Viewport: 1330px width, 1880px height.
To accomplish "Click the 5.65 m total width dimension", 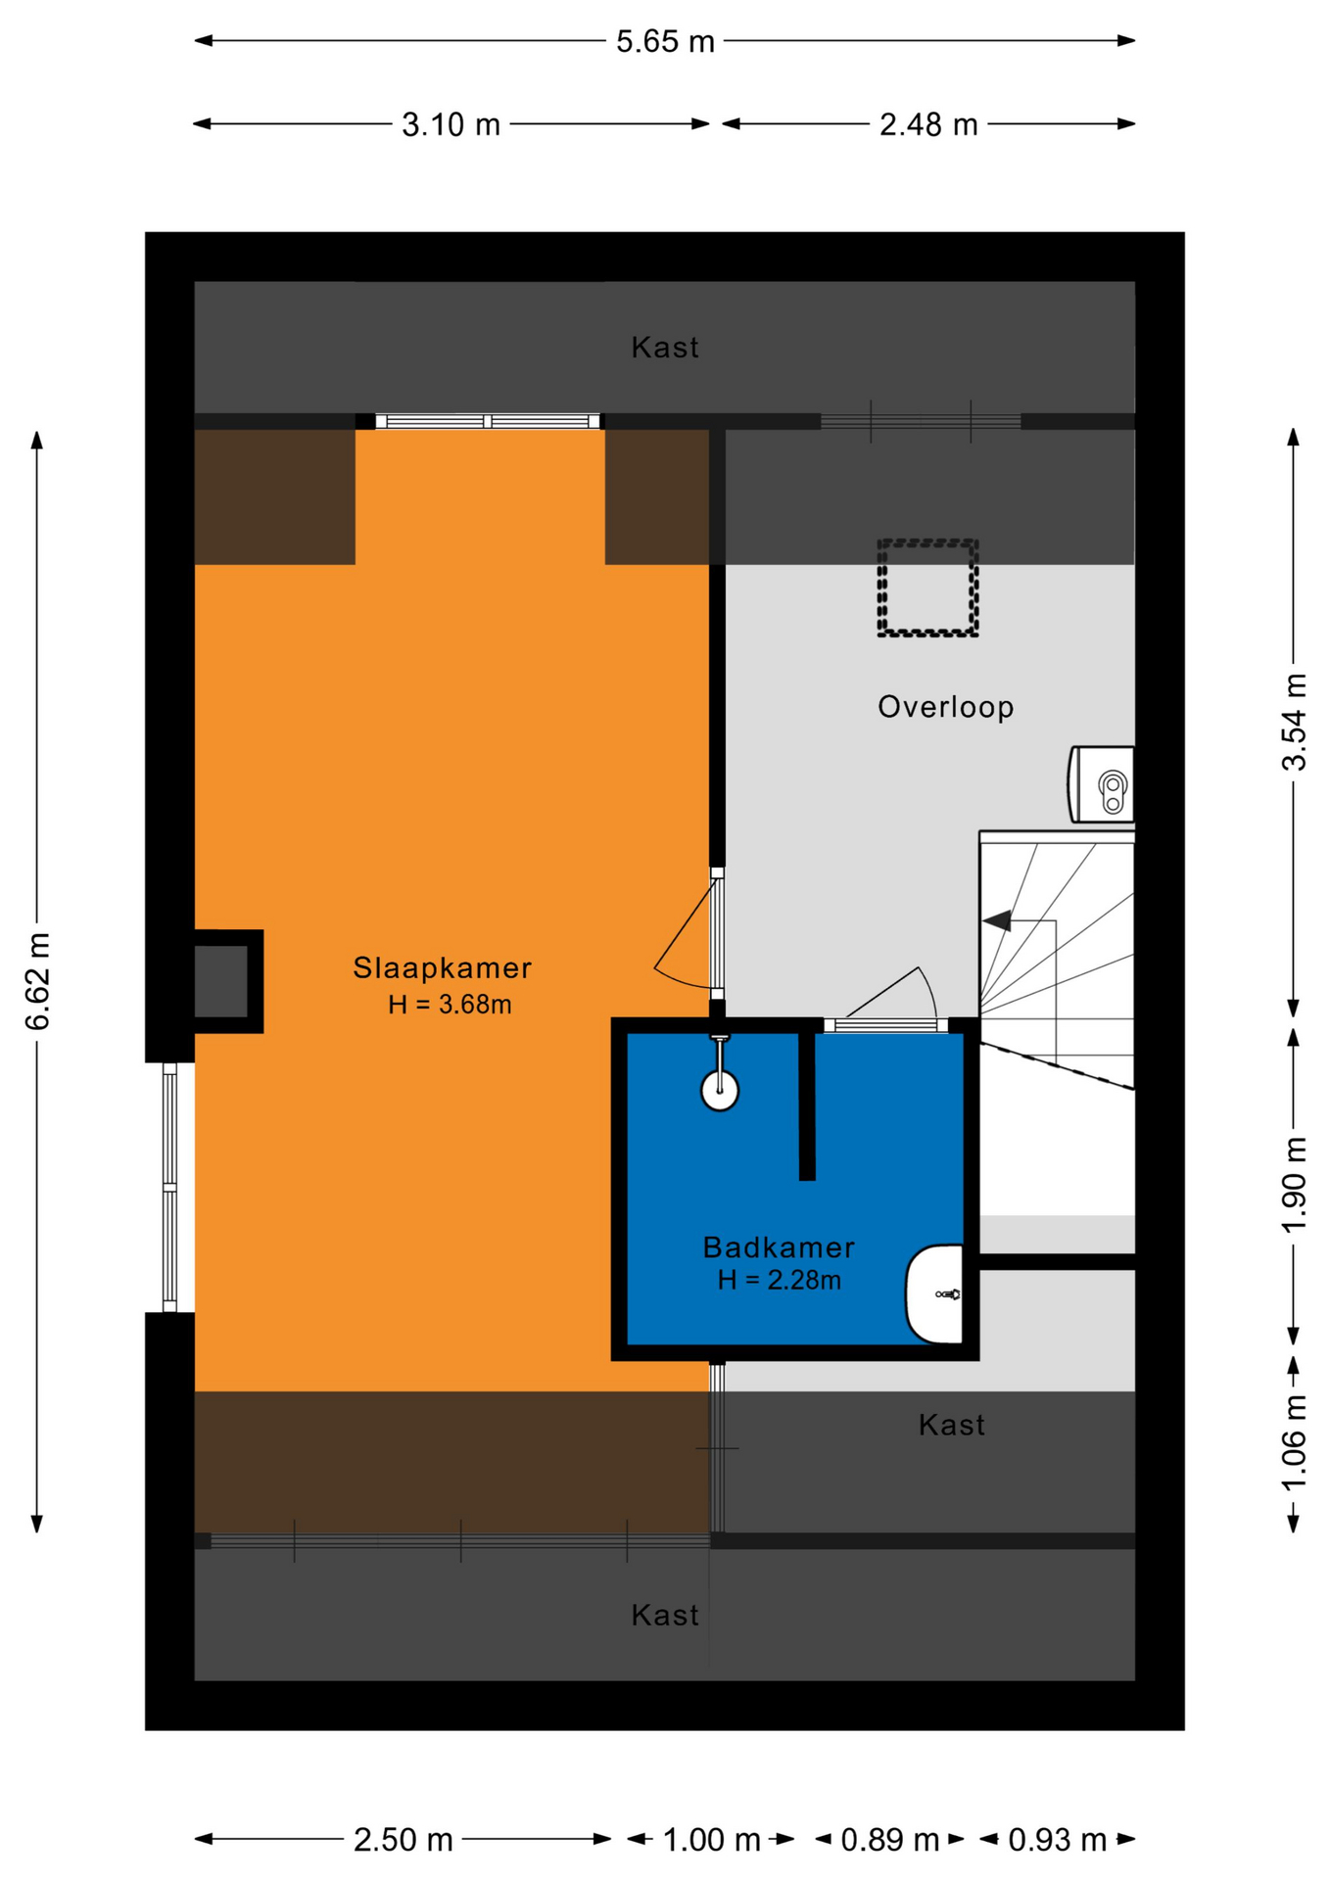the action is [665, 41].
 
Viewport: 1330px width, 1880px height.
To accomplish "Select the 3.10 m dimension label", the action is [451, 124].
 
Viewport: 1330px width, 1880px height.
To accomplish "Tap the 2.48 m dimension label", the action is [928, 124].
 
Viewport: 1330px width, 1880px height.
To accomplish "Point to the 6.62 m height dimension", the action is [37, 981].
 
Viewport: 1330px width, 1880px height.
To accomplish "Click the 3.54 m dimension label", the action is [1294, 723].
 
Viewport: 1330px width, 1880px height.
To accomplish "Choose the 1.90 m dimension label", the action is [1294, 1186].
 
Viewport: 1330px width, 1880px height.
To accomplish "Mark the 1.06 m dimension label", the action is [1294, 1443].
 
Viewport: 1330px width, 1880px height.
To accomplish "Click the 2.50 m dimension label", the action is [403, 1840].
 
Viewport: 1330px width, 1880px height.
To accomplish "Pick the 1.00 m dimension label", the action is [712, 1840].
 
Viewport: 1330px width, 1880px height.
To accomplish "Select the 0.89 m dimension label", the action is [889, 1840].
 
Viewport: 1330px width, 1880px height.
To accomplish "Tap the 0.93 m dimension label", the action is [1057, 1840].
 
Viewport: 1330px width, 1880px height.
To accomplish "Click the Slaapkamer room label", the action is [442, 967].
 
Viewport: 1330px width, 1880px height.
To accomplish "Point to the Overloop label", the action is [945, 707].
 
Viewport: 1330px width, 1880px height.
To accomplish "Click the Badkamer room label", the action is [779, 1246].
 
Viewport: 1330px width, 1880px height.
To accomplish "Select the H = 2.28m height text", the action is [779, 1280].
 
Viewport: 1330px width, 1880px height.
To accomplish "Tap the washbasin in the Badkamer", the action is [935, 1293].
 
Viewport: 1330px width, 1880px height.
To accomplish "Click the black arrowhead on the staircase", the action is [997, 920].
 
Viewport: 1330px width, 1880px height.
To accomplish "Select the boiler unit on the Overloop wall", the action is [1101, 784].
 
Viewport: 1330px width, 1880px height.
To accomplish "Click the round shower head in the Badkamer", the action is [720, 1090].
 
